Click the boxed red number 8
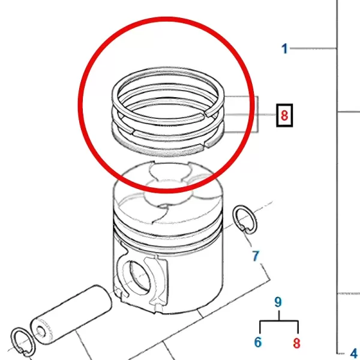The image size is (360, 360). [284, 115]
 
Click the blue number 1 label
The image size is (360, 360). [284, 49]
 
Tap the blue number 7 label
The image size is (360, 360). [256, 256]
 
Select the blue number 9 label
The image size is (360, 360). [278, 302]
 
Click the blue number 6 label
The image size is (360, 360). [258, 342]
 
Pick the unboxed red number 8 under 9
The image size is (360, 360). [296, 343]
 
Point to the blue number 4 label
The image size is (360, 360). [355, 353]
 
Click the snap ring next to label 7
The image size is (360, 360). [245, 220]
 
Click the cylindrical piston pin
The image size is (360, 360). [71, 314]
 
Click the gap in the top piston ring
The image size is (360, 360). [205, 113]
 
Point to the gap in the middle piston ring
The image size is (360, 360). [133, 131]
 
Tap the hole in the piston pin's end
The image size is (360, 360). [41, 331]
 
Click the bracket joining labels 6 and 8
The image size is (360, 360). [279, 322]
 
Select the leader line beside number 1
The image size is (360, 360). [313, 48]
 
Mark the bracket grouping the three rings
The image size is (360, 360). [241, 114]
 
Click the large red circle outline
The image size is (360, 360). [166, 104]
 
